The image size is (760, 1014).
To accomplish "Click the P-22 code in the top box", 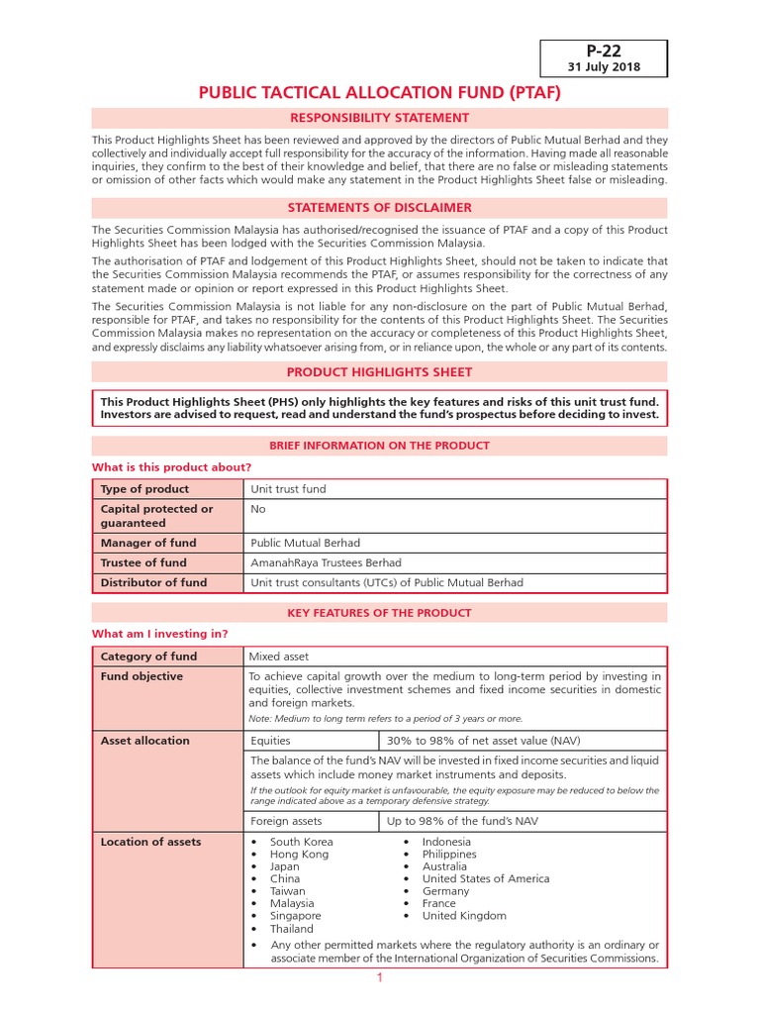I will coord(603,50).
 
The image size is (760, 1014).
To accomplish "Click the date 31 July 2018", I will coord(603,67).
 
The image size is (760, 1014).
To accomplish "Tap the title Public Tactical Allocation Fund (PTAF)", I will coord(380,93).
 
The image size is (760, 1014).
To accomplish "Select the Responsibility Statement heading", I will coord(380,118).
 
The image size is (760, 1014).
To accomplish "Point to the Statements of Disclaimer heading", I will coord(380,208).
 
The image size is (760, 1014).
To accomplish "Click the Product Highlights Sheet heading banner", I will coord(380,372).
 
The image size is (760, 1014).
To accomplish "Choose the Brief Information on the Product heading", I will coord(380,446).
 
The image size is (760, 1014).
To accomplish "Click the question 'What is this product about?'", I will coord(171,466).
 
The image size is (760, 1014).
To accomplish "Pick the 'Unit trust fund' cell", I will coord(288,489).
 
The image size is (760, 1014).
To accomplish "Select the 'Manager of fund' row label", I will coord(148,543).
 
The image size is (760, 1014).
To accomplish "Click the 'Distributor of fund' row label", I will coord(153,582).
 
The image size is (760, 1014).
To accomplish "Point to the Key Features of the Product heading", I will coord(380,613).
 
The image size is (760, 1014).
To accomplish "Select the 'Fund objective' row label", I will coord(142,676).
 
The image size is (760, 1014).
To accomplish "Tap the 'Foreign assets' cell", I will coord(287,821).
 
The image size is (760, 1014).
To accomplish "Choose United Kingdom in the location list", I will coord(464,916).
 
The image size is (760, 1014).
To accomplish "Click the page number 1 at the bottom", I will coord(379,978).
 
